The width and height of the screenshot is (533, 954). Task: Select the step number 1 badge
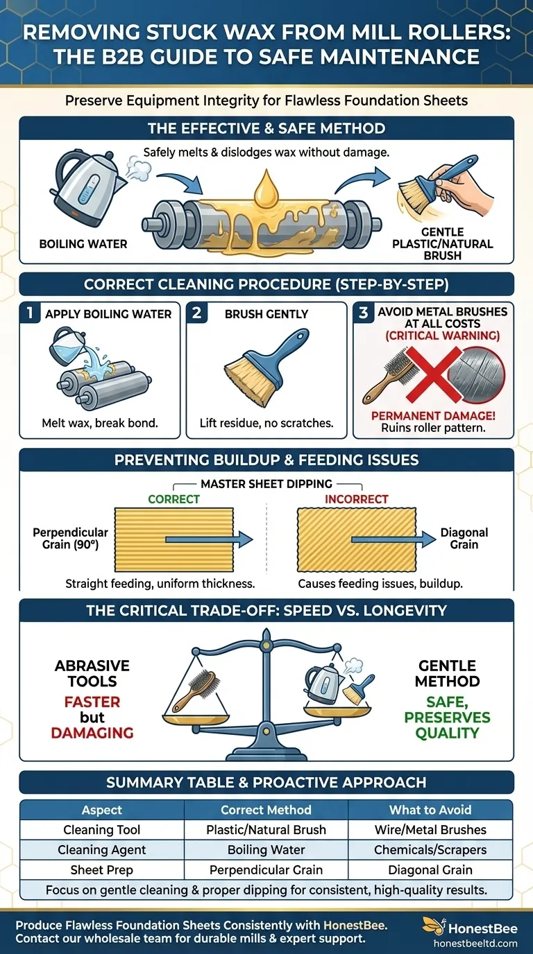point(29,313)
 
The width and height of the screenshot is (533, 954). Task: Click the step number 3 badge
point(363,313)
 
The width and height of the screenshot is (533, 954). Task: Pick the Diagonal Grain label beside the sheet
point(464,539)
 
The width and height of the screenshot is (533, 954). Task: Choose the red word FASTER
point(92,702)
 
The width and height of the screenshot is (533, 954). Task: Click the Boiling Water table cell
point(266,849)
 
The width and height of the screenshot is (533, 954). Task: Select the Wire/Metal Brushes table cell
point(430,829)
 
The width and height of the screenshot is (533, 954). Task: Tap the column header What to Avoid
point(430,809)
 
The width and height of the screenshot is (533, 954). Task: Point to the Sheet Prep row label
point(102,869)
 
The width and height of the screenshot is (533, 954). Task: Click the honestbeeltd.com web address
point(475,943)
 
